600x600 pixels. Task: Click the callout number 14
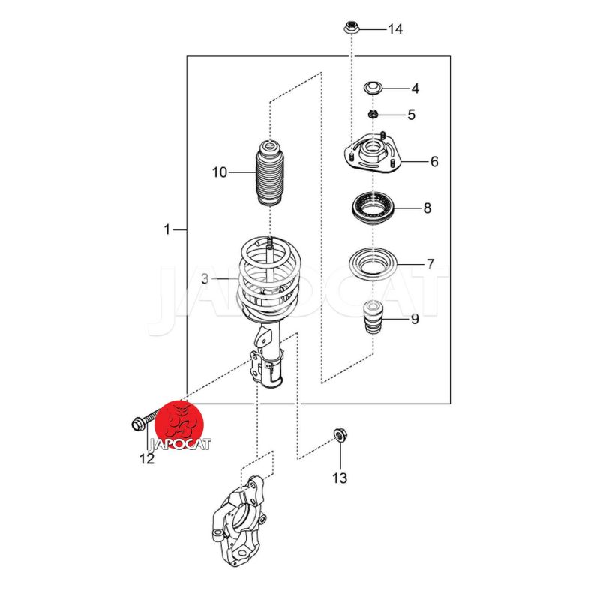click(395, 29)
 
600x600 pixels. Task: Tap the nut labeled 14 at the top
click(350, 28)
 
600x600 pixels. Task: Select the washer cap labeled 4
click(373, 88)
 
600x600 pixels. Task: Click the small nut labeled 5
click(373, 115)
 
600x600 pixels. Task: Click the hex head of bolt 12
click(136, 424)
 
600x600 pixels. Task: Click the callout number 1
click(167, 229)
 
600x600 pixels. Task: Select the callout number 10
click(219, 173)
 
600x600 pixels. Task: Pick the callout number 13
click(340, 478)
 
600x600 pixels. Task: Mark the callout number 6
click(433, 162)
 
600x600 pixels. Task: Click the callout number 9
click(414, 319)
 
